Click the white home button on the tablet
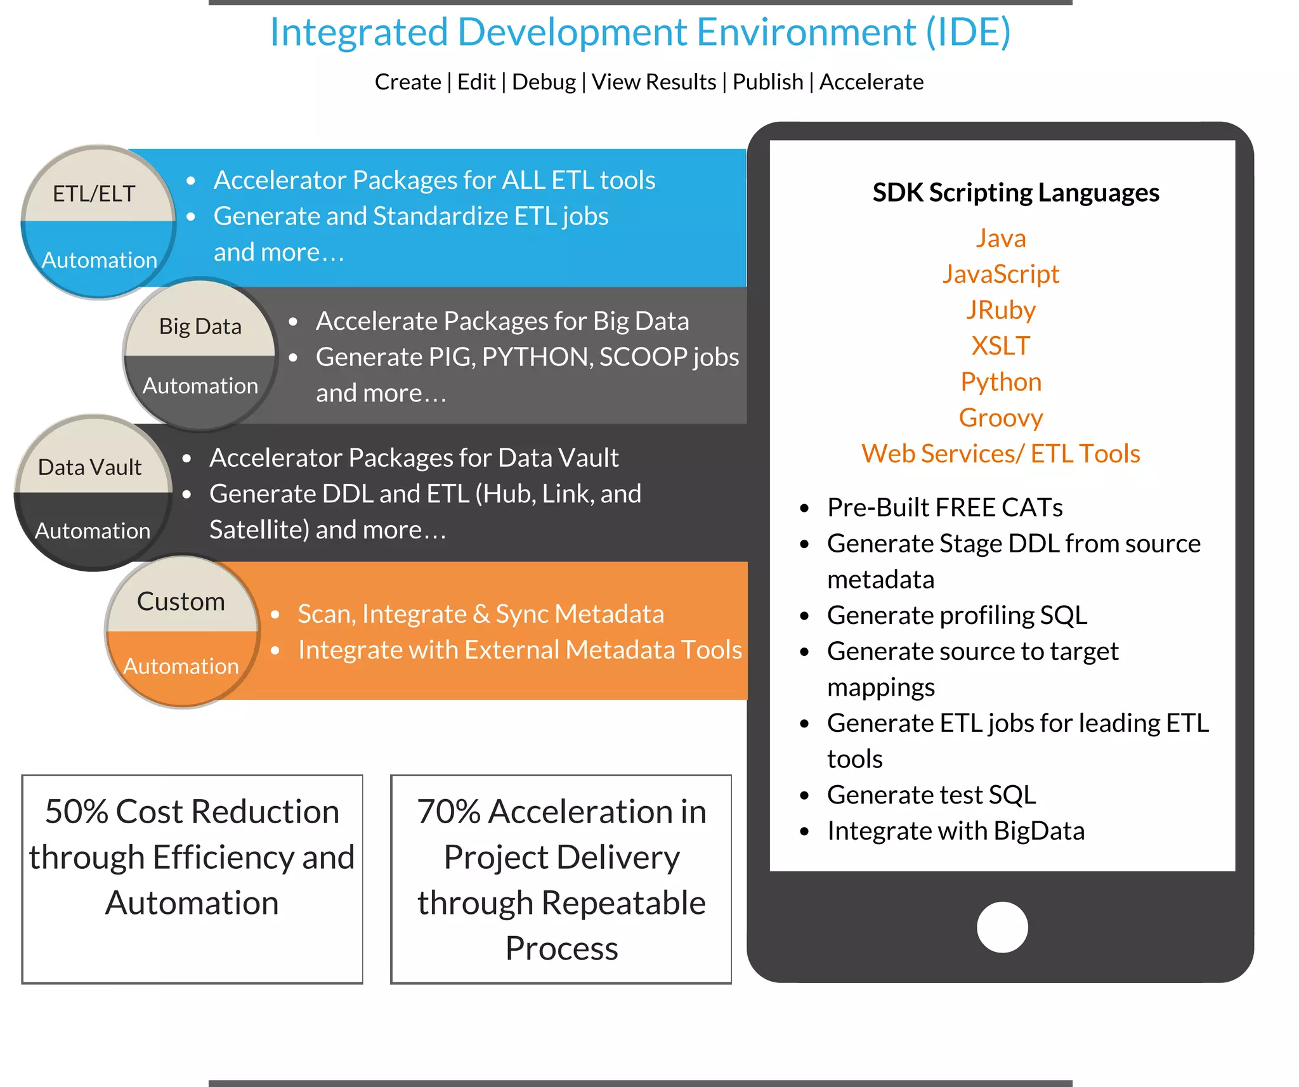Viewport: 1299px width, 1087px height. tap(1002, 927)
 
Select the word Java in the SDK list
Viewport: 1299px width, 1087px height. tap(1001, 238)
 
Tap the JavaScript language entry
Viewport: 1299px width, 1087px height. tap(1001, 274)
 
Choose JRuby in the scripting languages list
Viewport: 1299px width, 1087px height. tap(1001, 310)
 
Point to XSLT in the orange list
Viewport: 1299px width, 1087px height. tap(1001, 346)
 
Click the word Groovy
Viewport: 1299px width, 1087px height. tap(1001, 418)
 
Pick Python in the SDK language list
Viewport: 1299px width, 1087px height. tap(1001, 382)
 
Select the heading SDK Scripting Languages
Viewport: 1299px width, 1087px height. tap(1015, 193)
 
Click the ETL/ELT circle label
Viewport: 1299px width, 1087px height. tap(94, 193)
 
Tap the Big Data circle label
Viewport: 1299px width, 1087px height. tap(200, 327)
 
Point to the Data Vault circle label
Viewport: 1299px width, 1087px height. tap(89, 467)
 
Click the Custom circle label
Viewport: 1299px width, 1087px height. tap(181, 601)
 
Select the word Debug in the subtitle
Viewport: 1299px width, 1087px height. tap(544, 82)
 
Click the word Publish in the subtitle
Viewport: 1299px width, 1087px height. tap(767, 82)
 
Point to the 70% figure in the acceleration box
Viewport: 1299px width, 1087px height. tap(448, 812)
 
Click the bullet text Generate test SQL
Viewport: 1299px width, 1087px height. tap(931, 795)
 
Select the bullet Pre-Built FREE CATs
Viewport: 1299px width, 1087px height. tap(944, 507)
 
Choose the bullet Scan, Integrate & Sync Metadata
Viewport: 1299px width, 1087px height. tap(481, 614)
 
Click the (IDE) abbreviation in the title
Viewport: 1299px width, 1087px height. tap(968, 32)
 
